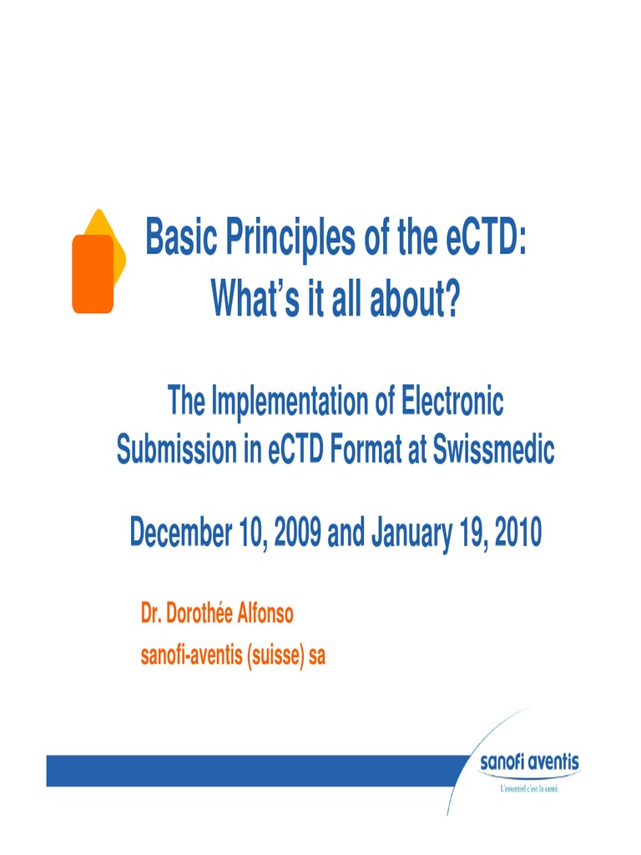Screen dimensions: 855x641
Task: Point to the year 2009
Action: click(294, 531)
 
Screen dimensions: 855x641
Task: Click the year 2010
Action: click(512, 531)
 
